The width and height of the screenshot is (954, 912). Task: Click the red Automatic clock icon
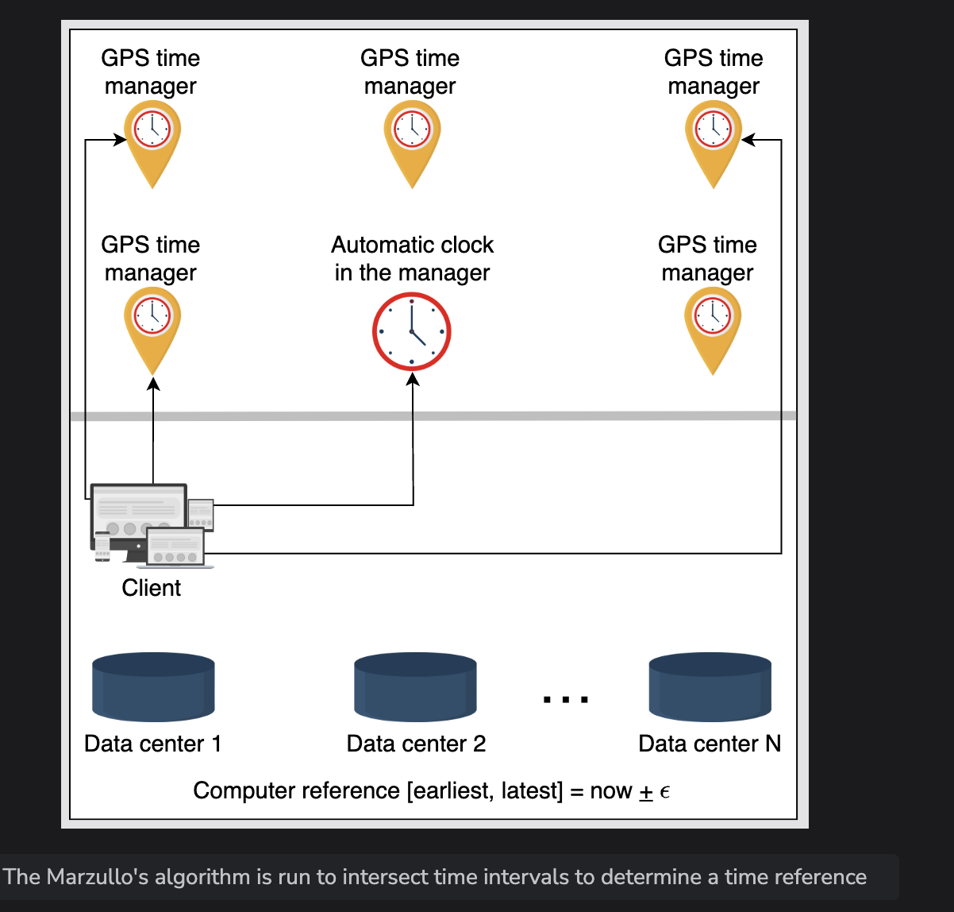[412, 331]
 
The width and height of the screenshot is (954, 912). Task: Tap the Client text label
[151, 588]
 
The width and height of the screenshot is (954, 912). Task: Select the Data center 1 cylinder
[153, 687]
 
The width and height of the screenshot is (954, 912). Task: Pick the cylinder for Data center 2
[415, 687]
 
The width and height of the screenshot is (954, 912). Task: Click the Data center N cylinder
[710, 687]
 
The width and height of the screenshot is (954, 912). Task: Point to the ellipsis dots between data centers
[566, 700]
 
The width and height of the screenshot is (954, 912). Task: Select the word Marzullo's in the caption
[97, 877]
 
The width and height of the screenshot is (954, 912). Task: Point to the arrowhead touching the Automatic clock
[412, 378]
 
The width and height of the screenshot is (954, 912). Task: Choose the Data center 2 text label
[416, 744]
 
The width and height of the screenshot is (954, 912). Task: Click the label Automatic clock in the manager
[412, 258]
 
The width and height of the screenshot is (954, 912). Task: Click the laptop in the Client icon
[176, 548]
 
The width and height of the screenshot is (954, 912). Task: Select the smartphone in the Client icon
[102, 547]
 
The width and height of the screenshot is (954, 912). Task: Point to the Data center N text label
[710, 744]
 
